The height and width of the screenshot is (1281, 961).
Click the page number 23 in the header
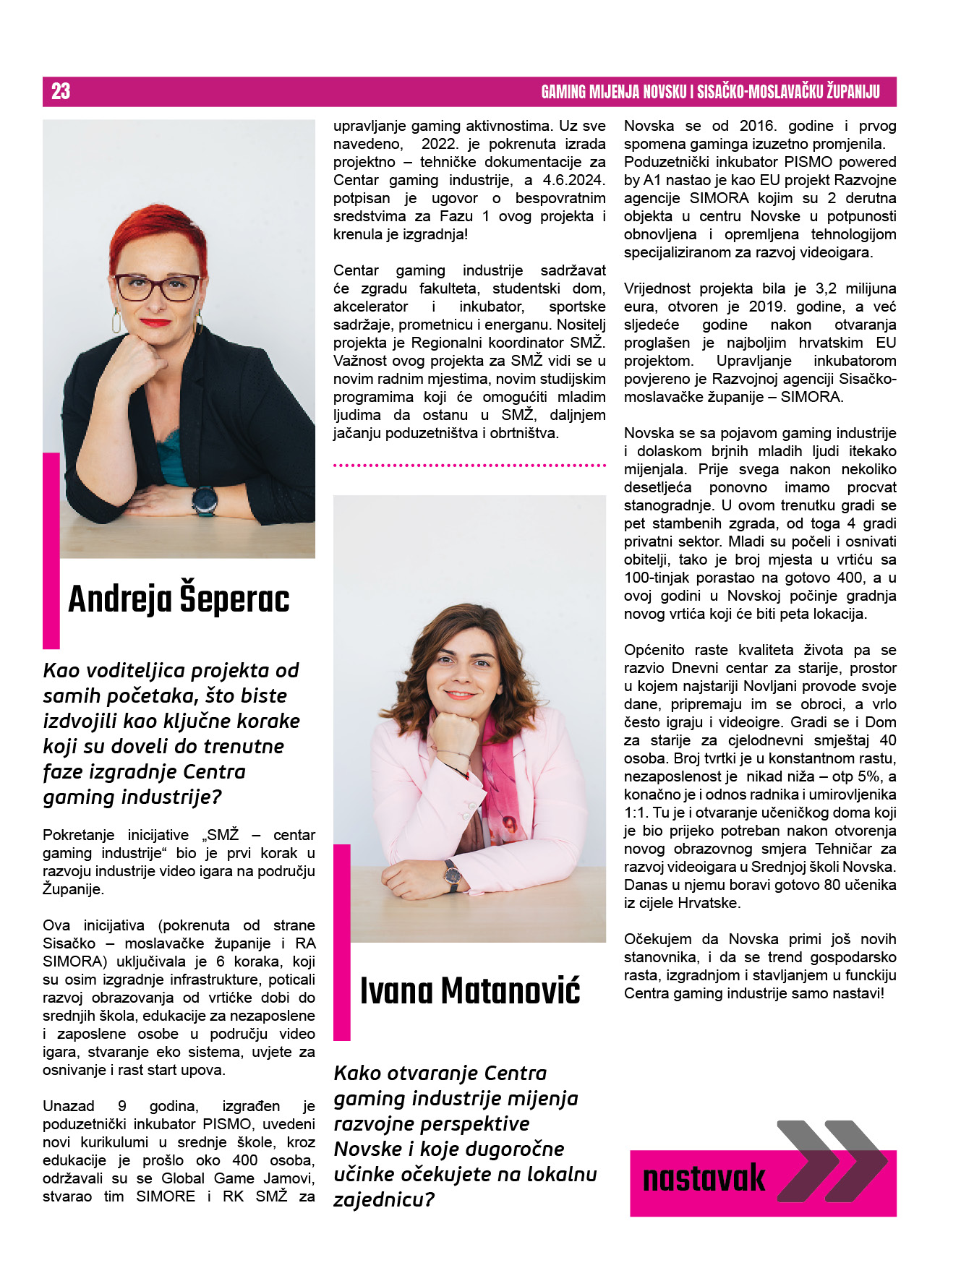61,91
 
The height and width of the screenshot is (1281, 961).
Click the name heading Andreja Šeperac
179,599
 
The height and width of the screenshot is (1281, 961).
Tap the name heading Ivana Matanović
470,990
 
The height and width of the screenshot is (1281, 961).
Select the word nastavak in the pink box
704,1178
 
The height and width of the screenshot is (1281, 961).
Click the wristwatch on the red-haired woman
205,500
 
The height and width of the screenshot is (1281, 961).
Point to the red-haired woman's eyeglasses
158,287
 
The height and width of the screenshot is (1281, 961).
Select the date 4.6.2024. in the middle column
575,180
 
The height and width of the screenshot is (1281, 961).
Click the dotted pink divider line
469,466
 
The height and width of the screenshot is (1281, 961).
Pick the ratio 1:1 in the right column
636,813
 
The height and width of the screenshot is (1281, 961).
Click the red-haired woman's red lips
155,322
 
